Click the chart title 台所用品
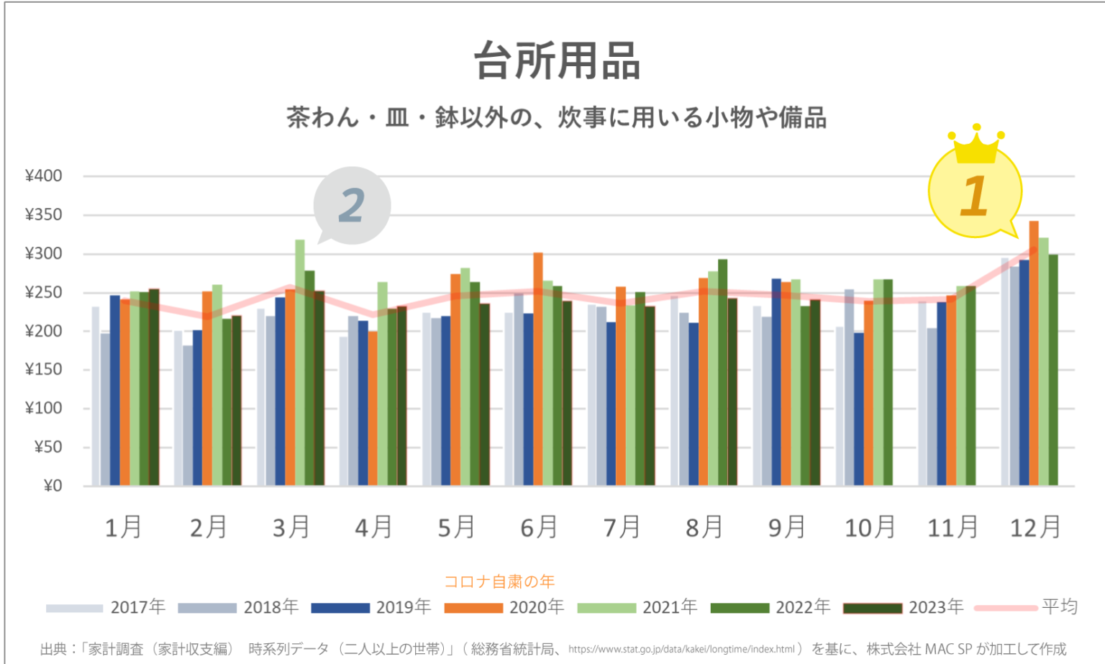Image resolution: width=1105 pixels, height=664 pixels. click(557, 60)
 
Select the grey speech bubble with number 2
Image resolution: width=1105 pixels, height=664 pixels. click(352, 205)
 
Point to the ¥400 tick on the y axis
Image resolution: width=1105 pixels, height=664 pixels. click(44, 176)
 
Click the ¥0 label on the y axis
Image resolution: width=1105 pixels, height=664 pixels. click(53, 486)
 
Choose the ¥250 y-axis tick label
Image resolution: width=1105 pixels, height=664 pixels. click(44, 293)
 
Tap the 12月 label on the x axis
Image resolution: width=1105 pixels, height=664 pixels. click(1035, 528)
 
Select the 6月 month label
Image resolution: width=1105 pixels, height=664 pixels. click(539, 528)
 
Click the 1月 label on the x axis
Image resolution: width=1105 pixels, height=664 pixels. click(123, 528)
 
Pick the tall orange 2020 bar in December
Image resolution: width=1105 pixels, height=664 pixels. click(1034, 353)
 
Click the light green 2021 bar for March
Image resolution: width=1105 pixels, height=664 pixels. click(300, 360)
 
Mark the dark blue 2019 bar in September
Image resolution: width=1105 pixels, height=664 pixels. click(776, 381)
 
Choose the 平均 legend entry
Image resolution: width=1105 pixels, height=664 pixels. click(1026, 607)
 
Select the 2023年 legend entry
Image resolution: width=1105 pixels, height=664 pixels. click(904, 608)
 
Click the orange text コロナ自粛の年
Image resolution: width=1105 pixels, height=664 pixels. click(499, 581)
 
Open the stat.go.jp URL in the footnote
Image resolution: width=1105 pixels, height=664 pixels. click(681, 650)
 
